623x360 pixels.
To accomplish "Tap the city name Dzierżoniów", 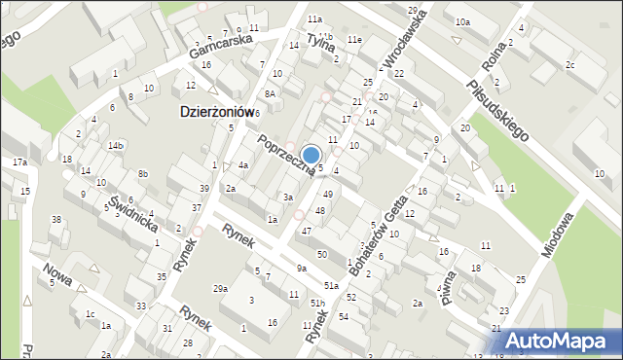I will pos(217,112).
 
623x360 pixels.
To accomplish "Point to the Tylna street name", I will pos(320,40).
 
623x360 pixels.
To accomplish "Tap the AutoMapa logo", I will pos(558,340).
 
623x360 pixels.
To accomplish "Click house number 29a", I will pos(221,289).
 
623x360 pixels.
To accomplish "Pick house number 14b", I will pos(116,145).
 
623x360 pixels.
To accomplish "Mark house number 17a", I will pos(19,162).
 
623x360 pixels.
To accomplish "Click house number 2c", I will pos(570,65).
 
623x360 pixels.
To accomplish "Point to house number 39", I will pos(203,188).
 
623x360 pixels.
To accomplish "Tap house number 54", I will pos(344,317).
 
